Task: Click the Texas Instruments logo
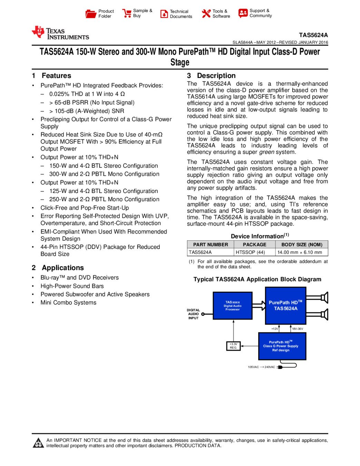click(60, 33)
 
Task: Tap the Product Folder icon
click(91, 14)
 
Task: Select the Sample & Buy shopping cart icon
click(127, 13)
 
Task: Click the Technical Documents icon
click(164, 14)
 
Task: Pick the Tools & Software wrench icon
click(206, 13)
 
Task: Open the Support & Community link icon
click(243, 13)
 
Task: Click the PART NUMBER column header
click(211, 244)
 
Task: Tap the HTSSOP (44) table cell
click(250, 252)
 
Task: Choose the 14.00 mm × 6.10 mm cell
click(300, 252)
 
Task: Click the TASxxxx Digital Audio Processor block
click(233, 306)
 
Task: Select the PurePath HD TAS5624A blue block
click(285, 305)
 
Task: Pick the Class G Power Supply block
click(282, 346)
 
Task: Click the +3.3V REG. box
click(233, 346)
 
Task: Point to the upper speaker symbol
click(324, 297)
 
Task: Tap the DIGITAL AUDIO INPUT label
click(193, 314)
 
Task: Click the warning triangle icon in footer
click(38, 443)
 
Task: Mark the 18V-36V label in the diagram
click(298, 329)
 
